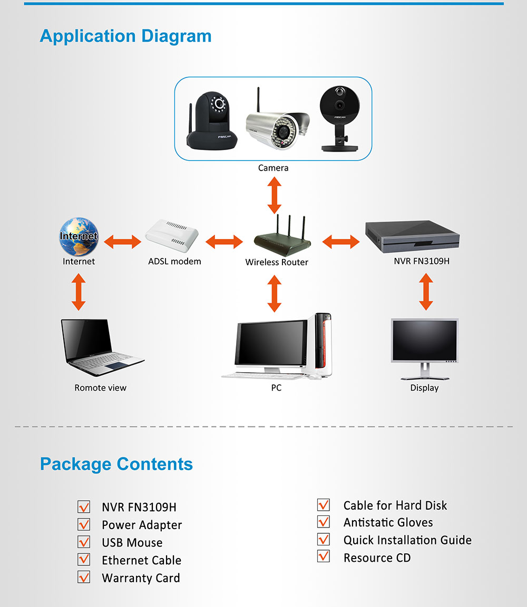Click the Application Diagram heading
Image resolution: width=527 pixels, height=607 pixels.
125,36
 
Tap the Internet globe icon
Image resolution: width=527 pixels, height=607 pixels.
79,236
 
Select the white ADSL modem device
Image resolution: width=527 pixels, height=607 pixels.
172,236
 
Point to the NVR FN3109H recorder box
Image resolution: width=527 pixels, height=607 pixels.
412,236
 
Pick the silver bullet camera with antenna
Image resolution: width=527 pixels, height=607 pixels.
277,124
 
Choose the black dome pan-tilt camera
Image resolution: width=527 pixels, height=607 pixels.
212,121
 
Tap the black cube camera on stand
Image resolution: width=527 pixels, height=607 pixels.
340,118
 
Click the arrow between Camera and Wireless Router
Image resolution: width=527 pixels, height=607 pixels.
275,195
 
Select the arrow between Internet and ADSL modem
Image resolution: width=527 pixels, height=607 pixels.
122,242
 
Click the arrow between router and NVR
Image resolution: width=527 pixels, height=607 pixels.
341,242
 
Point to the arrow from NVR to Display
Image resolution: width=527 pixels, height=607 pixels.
426,292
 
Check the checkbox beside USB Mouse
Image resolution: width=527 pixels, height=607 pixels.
84,542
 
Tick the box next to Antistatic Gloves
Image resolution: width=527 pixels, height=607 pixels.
324,521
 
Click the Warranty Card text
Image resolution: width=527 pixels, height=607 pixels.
141,578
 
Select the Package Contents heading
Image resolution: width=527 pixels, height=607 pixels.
116,464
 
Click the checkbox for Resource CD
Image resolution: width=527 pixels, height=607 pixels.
324,556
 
